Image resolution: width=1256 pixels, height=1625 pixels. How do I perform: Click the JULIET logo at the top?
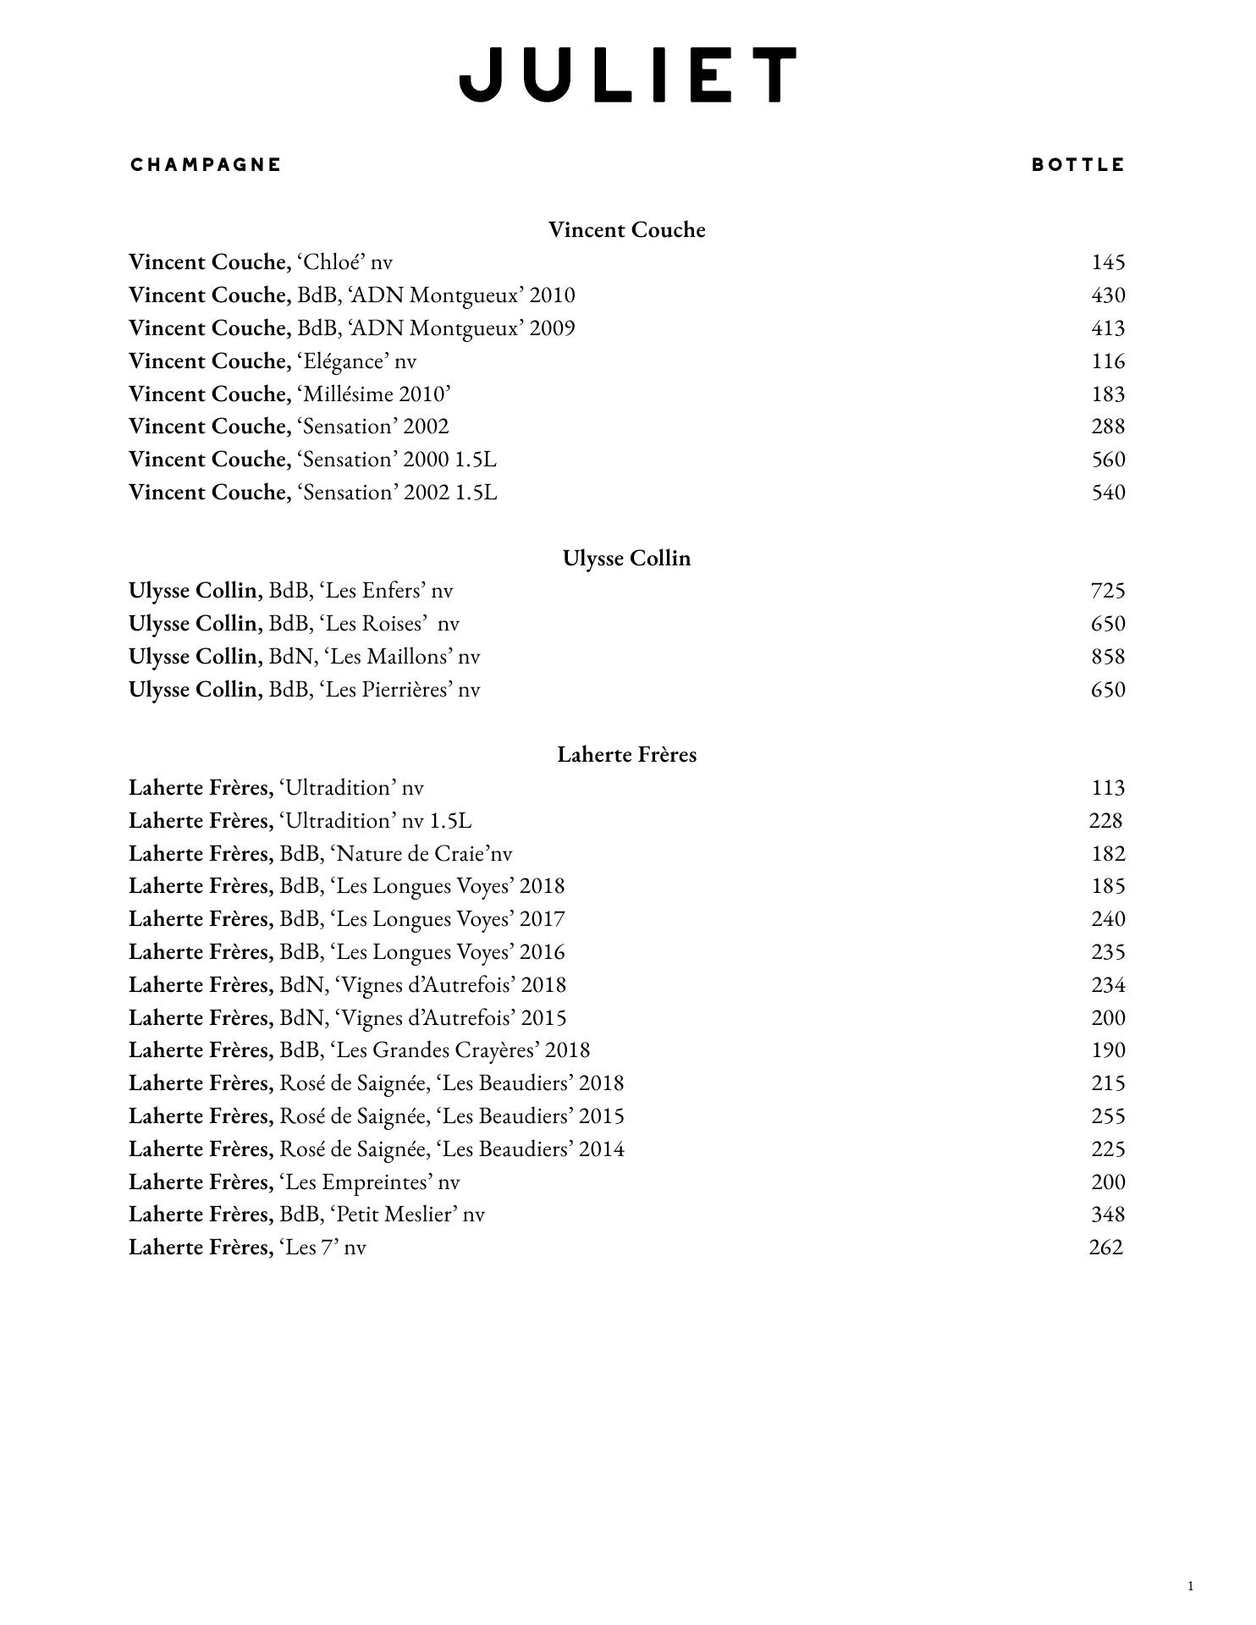[627, 75]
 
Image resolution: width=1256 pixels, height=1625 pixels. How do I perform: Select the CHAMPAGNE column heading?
[206, 164]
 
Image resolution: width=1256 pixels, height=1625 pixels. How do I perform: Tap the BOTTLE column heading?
[1078, 165]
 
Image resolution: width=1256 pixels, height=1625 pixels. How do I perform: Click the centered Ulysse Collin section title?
[626, 559]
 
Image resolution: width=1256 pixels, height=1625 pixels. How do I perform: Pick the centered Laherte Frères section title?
[626, 755]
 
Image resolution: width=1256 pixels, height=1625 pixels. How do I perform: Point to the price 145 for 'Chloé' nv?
[1108, 262]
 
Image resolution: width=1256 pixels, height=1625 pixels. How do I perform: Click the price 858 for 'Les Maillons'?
[1108, 657]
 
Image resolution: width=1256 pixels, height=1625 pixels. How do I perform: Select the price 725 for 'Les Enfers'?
[1108, 591]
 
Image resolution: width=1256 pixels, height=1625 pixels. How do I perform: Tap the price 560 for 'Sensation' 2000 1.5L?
[1108, 460]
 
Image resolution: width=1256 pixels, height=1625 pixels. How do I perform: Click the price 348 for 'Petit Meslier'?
[1108, 1215]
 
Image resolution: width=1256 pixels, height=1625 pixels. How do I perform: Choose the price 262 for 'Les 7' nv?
[1105, 1248]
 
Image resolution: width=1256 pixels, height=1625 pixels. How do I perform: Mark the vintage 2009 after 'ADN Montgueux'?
[552, 328]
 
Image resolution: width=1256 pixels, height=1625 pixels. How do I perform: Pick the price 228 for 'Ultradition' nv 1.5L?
[1105, 821]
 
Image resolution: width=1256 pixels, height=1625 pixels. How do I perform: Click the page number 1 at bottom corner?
[1191, 1586]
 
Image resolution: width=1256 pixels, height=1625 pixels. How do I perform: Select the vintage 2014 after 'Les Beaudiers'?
[602, 1149]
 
